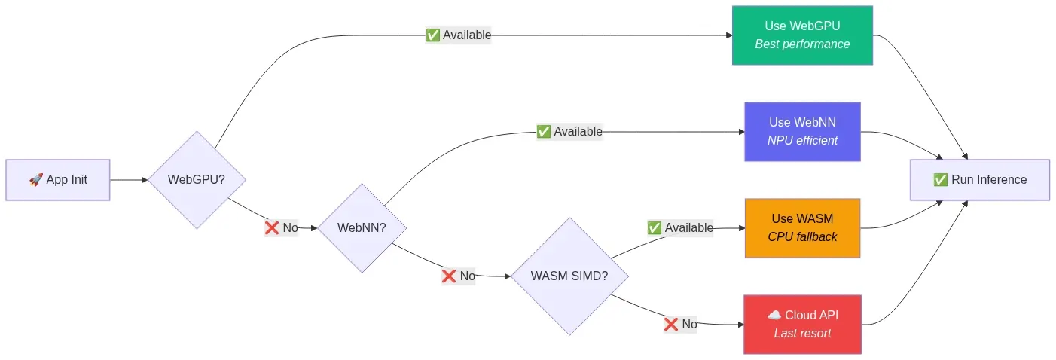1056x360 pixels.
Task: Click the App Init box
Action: pos(57,180)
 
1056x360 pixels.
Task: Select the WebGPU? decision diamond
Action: pos(197,180)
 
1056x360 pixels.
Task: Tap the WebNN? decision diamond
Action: pos(362,227)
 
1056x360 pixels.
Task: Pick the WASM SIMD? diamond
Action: pos(569,276)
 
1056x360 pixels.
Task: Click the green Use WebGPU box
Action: pos(802,35)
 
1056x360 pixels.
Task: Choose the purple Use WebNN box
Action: pos(802,132)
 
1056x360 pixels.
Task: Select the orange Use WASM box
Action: pos(802,227)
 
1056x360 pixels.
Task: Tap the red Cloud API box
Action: pos(802,324)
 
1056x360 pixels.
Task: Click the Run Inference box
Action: pos(979,180)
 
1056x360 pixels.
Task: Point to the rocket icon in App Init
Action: pos(35,180)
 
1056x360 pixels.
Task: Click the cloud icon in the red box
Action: pos(774,315)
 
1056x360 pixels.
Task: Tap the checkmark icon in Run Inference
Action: pos(940,180)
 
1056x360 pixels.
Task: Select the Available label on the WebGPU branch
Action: pos(459,35)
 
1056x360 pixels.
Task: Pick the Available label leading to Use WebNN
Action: pos(569,131)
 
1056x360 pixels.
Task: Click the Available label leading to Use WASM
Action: pos(680,227)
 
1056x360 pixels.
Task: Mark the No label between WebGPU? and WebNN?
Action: pos(282,227)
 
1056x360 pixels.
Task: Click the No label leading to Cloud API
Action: pos(680,324)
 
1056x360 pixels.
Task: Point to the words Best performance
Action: pos(802,44)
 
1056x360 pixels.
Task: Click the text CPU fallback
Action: pos(802,236)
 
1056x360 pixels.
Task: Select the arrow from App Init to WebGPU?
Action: pos(129,180)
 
